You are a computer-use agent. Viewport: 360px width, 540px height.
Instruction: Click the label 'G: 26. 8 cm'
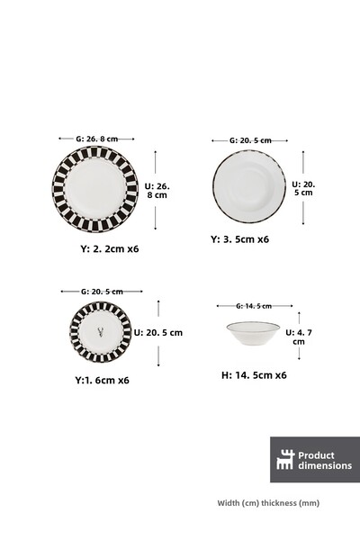(x=95, y=139)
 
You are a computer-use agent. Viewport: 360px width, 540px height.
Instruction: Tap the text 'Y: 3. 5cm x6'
(x=239, y=239)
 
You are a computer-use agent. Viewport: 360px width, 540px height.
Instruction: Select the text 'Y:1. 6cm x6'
(x=102, y=380)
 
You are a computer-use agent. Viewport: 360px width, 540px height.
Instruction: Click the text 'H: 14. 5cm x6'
(x=256, y=374)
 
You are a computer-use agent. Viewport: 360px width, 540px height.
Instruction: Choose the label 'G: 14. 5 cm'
(x=253, y=306)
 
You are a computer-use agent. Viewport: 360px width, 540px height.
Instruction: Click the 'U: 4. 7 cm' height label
(x=297, y=337)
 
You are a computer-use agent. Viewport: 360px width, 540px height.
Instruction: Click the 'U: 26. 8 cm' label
(x=157, y=189)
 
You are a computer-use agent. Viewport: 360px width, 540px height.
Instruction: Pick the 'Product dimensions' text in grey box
(x=325, y=460)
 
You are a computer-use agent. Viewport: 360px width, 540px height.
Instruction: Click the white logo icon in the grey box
(x=285, y=459)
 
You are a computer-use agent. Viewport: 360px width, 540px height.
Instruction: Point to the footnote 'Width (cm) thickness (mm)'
(x=268, y=503)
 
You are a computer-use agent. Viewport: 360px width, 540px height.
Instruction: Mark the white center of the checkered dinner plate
(x=94, y=188)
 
